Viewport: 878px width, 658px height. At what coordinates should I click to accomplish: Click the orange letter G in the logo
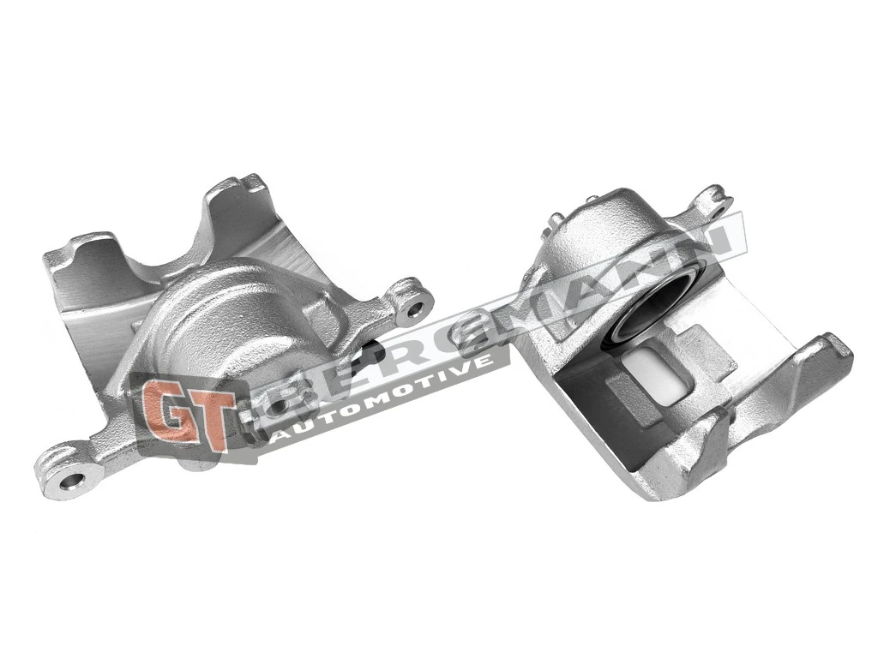point(166,410)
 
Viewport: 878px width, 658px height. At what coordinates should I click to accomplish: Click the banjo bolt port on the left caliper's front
point(257,420)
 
